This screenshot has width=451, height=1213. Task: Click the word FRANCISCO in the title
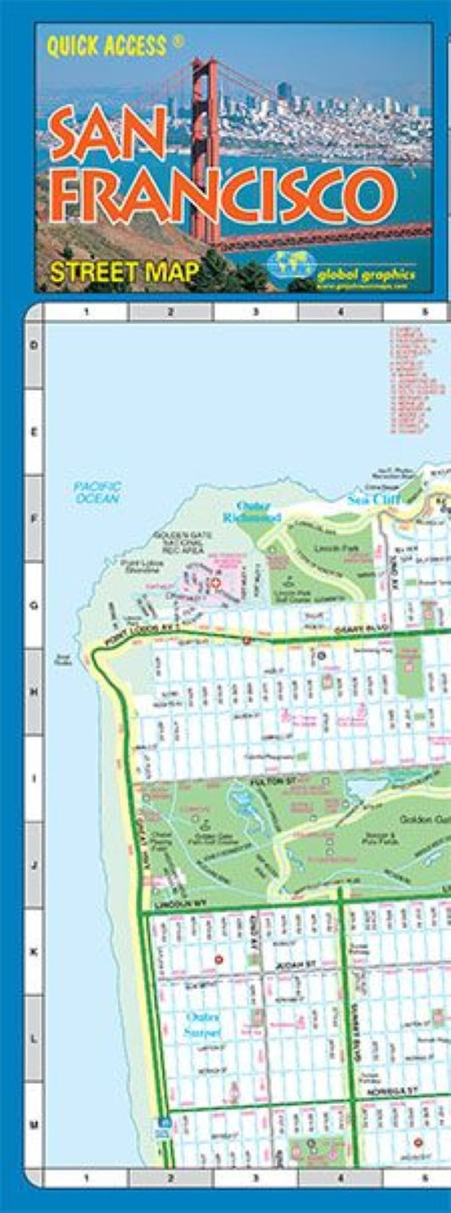click(222, 195)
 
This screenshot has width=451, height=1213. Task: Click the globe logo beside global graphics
click(290, 265)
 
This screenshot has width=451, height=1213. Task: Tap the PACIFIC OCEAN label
click(97, 492)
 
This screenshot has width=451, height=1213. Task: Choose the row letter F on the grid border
click(34, 519)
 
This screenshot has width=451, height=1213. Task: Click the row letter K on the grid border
click(34, 952)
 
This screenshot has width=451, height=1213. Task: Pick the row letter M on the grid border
click(34, 1125)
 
